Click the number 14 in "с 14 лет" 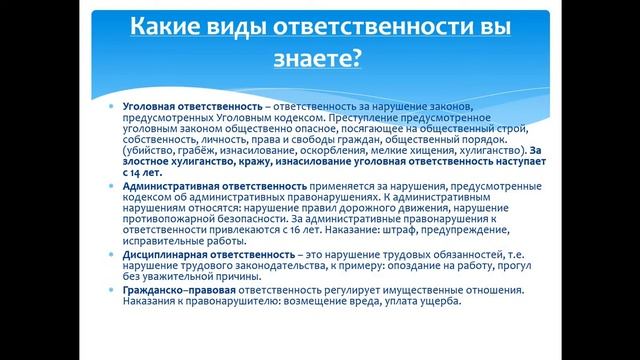tap(137, 172)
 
